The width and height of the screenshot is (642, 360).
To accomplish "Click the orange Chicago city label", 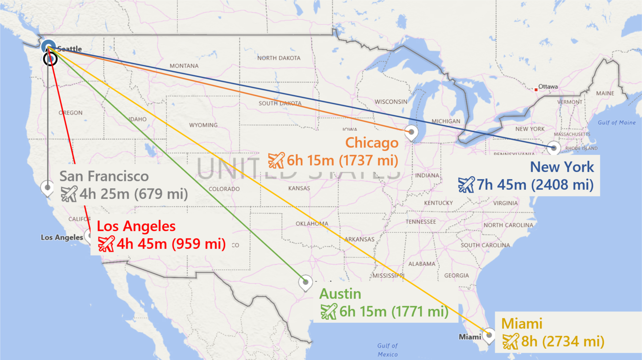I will (x=372, y=143).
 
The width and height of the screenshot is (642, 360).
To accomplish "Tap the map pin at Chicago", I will (x=411, y=132).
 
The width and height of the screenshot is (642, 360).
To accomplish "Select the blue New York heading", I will (x=562, y=167).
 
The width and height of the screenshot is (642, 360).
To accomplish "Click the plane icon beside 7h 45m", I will (x=466, y=185).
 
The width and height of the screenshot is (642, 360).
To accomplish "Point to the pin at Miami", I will (x=489, y=335).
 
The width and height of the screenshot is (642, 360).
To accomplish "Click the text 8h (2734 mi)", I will (x=562, y=342).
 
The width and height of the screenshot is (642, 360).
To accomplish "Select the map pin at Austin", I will (x=305, y=282).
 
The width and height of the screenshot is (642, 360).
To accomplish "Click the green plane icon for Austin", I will (x=329, y=311).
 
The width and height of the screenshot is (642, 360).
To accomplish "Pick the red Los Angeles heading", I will (x=136, y=226).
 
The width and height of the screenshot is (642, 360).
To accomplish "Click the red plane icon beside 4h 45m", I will (x=106, y=244).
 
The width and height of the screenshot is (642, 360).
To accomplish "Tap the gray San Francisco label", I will (x=104, y=176).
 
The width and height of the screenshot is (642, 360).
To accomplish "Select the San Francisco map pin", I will (x=47, y=188).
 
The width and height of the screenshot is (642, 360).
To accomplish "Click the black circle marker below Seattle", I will (x=50, y=59).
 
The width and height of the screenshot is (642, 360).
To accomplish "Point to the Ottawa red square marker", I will (x=536, y=89).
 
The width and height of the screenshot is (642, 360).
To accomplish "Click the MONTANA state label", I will (x=184, y=66).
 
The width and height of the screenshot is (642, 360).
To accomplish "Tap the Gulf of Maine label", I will (x=616, y=123).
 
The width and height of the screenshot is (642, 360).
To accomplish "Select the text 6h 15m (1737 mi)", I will (x=342, y=161).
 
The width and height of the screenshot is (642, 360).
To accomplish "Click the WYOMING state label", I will (x=203, y=125).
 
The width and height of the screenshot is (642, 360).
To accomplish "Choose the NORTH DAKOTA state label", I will (x=279, y=58).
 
